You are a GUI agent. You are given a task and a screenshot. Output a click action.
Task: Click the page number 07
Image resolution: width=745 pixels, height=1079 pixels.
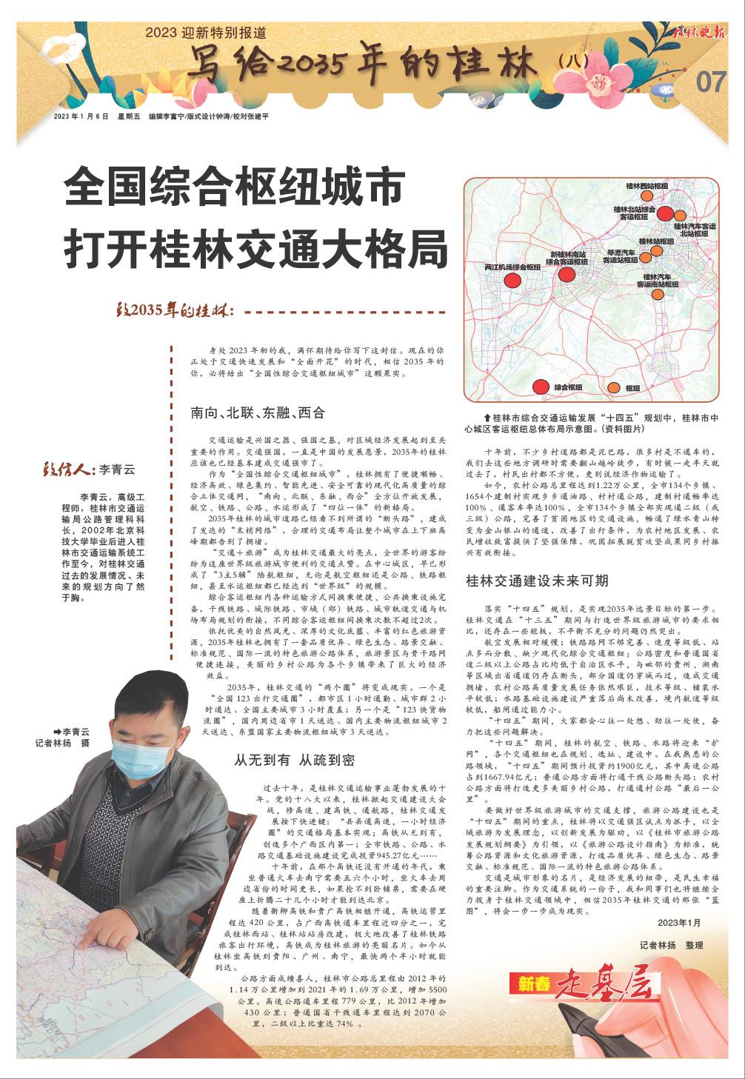711,82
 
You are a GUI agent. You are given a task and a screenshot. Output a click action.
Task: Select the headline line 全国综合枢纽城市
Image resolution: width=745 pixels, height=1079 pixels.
235,191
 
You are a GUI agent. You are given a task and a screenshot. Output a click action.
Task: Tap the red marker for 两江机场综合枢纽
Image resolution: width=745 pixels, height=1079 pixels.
512,280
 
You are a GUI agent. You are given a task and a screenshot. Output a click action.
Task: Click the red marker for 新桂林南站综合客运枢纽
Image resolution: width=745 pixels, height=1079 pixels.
567,275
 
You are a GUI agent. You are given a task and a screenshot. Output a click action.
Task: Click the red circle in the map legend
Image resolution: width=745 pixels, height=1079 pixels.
541,386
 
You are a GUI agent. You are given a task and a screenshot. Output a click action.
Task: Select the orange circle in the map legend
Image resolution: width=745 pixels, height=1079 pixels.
613,387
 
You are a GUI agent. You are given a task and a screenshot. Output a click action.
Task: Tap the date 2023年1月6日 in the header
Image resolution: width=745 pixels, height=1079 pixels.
80,117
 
